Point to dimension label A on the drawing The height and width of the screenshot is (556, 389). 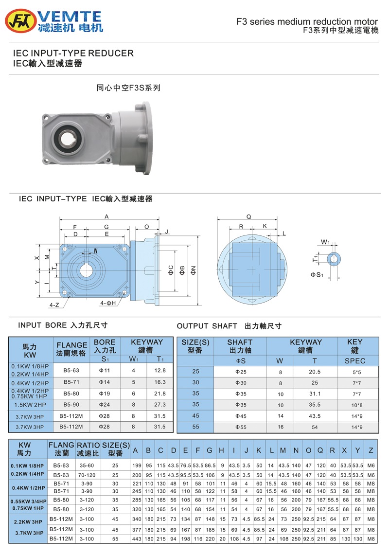(x=106, y=217)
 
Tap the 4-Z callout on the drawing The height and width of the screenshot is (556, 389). (x=54, y=305)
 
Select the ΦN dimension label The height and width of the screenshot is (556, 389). (x=194, y=269)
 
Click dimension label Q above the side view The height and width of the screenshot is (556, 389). (x=249, y=217)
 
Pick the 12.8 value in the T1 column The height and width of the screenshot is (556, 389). (x=160, y=371)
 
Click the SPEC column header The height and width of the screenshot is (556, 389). (x=354, y=361)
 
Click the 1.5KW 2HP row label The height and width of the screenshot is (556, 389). (x=30, y=405)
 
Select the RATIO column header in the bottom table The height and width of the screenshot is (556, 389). (x=88, y=449)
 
